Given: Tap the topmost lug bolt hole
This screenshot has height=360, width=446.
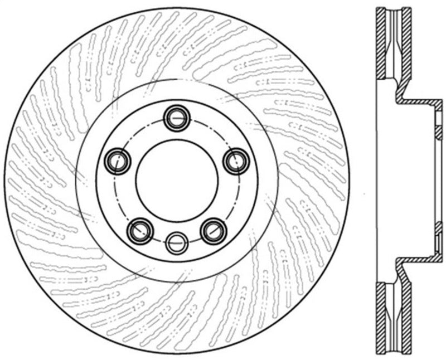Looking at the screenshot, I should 177,117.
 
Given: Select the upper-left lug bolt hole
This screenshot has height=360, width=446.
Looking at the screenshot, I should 118,161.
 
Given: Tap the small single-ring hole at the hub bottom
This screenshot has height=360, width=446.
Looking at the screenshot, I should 177,241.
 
